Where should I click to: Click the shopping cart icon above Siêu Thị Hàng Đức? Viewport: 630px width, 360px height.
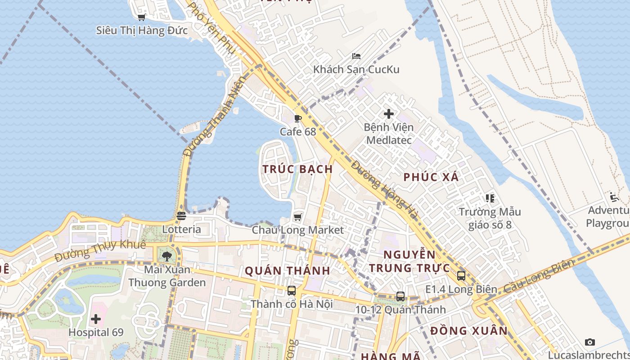(x=141, y=18)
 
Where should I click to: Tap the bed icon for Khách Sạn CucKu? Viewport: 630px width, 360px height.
(x=356, y=56)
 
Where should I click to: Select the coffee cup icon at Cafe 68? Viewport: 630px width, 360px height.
(x=297, y=118)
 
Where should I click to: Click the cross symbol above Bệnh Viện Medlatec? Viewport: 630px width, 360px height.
(x=389, y=114)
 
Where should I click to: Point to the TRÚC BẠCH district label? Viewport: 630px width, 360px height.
(x=297, y=169)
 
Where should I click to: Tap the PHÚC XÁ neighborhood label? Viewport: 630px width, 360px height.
(x=431, y=177)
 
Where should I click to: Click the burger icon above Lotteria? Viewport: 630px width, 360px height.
(x=181, y=216)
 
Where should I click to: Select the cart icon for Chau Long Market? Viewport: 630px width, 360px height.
(x=297, y=217)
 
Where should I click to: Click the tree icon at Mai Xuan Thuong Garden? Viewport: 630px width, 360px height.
(x=167, y=256)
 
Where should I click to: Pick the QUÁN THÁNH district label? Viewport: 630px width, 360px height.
(x=288, y=271)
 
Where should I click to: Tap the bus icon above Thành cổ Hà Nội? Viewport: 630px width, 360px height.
(x=292, y=291)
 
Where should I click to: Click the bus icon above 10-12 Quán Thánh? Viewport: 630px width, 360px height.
(x=400, y=297)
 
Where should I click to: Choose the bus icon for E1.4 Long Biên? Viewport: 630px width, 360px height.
(x=461, y=276)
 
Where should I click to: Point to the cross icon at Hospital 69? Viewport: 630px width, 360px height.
(x=96, y=319)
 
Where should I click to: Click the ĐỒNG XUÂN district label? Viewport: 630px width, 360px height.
(x=469, y=331)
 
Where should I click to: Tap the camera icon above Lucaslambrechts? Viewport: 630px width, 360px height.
(x=590, y=342)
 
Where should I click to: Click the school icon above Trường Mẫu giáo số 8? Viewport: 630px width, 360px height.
(x=490, y=198)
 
